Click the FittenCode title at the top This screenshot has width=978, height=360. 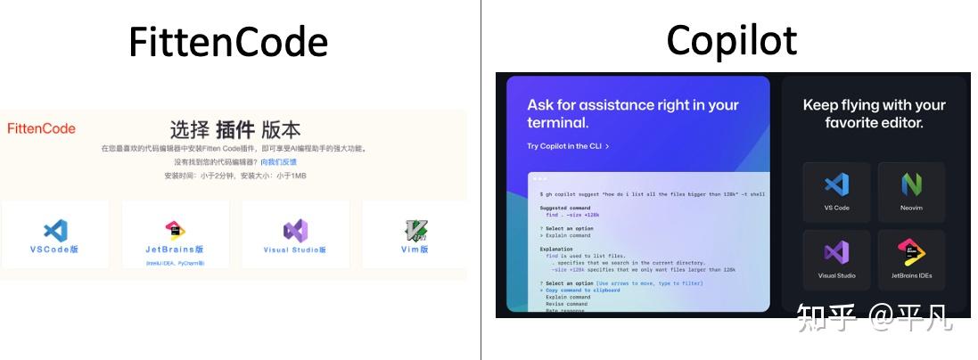[x=228, y=42]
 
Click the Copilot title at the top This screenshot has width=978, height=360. [x=731, y=40]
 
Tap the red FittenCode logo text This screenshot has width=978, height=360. [x=41, y=128]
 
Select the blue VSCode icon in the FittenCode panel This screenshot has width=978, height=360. [x=55, y=231]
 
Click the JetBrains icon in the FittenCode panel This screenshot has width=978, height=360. [x=176, y=231]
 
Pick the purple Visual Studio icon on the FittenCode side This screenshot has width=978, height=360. [x=295, y=231]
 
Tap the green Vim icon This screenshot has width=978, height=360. [x=415, y=231]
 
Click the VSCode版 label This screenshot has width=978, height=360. [x=55, y=250]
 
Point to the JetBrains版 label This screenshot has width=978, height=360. [x=175, y=250]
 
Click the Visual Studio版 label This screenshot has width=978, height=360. [x=295, y=250]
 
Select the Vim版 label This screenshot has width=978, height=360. [x=415, y=250]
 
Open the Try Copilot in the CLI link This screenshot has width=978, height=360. [x=568, y=146]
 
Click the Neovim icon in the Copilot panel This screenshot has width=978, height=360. [x=911, y=184]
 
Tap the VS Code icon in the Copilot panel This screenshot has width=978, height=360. [x=836, y=184]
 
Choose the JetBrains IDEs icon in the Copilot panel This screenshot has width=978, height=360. [x=911, y=252]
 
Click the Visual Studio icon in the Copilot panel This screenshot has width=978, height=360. [x=836, y=252]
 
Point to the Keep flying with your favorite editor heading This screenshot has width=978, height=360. [x=874, y=114]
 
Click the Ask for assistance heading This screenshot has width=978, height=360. [x=633, y=114]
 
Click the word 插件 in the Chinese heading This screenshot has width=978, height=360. [x=236, y=128]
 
